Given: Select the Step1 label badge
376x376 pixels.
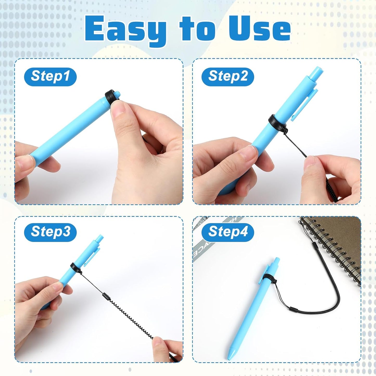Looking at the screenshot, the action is coord(50,77).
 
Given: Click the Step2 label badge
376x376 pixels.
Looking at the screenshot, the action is coord(228,77).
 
